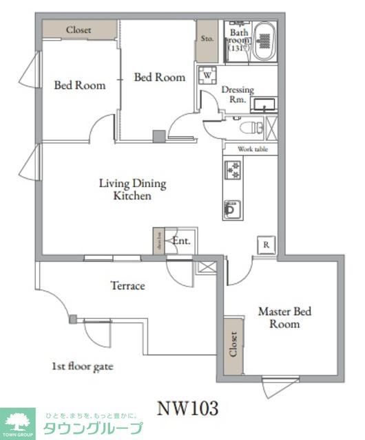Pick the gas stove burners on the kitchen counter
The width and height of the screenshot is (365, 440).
[x=231, y=170]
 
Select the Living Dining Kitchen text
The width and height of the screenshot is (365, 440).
[x=132, y=190]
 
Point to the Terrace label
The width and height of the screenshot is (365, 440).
[x=128, y=285]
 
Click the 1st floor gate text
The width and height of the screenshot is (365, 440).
[x=82, y=366]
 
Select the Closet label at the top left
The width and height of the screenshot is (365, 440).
[x=79, y=30]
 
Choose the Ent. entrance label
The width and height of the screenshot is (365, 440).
[x=181, y=241]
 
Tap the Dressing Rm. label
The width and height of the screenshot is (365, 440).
[x=238, y=94]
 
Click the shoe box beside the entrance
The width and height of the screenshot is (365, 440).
[x=159, y=242]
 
